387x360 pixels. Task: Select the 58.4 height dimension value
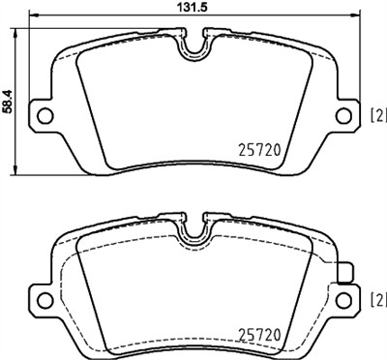(9, 100)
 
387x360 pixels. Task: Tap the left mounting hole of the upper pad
(44, 115)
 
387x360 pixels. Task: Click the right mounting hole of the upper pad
(342, 115)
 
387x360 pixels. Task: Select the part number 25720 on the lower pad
(260, 335)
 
